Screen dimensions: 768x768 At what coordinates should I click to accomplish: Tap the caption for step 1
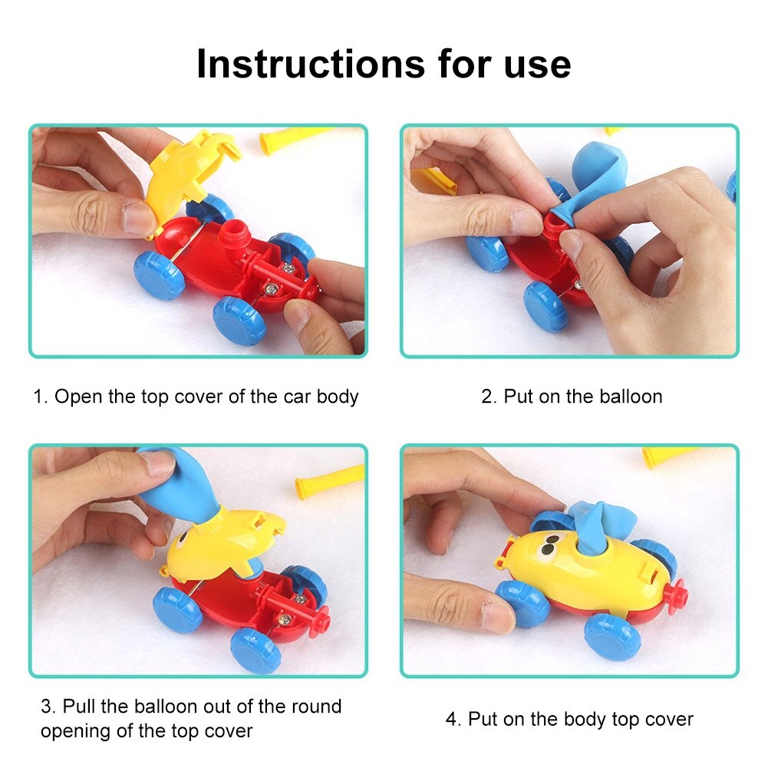tap(196, 397)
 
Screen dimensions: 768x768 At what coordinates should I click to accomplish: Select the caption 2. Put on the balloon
tap(572, 397)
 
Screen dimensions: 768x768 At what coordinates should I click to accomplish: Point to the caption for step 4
tap(569, 719)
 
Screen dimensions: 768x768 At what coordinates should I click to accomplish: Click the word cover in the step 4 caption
tap(669, 719)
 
